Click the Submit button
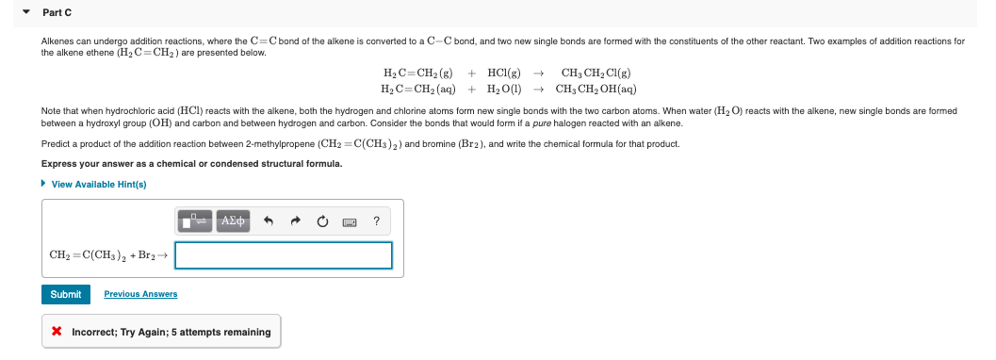tap(66, 294)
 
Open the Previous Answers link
tap(140, 294)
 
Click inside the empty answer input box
tap(283, 255)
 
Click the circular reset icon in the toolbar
tap(322, 222)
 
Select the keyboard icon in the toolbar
tap(350, 222)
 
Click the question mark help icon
tap(376, 222)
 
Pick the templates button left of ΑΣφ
tap(195, 221)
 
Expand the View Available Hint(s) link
tap(98, 184)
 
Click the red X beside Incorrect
tap(57, 332)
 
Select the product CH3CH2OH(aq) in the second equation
tap(596, 89)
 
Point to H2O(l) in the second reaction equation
tap(504, 89)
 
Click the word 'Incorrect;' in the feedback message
tap(98, 332)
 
